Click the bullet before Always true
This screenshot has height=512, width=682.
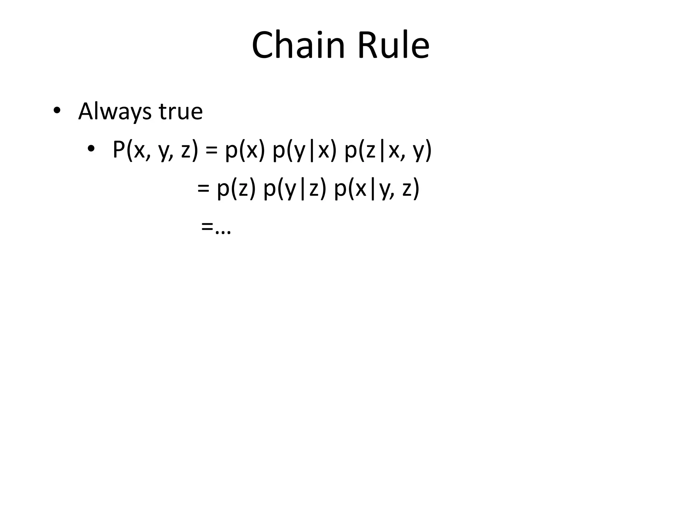pyautogui.click(x=57, y=111)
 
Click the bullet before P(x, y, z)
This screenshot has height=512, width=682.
pyautogui.click(x=91, y=148)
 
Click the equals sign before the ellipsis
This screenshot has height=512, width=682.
pyautogui.click(x=207, y=227)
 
